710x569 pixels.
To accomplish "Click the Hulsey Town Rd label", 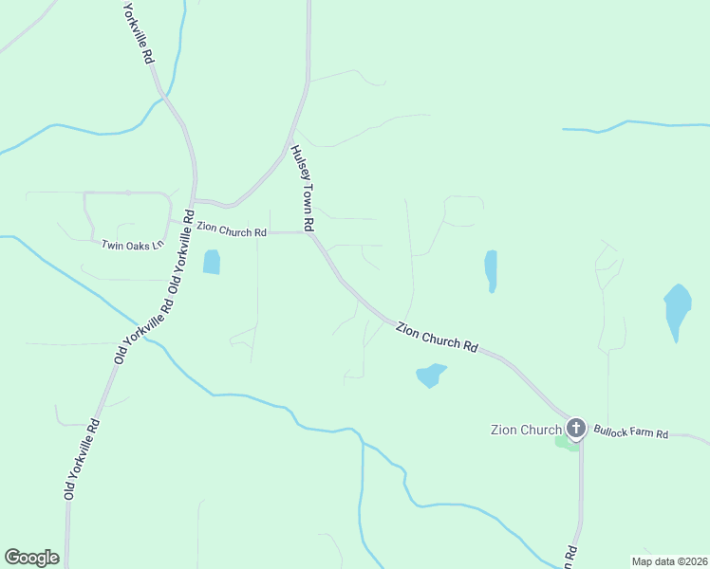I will [x=302, y=189].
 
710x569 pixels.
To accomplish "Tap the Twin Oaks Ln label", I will [x=134, y=245].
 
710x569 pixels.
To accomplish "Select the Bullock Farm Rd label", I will [x=631, y=433].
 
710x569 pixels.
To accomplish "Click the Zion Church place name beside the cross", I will [x=527, y=430].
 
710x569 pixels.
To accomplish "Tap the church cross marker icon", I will [x=575, y=429].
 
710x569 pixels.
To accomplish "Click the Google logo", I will [x=31, y=558].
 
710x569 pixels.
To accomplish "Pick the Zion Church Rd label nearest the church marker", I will [x=437, y=337].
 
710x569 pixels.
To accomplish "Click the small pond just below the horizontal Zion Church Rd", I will [x=211, y=262].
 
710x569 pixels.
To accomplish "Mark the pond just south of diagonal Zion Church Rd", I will [x=430, y=376].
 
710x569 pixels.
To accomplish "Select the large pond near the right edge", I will [x=677, y=310].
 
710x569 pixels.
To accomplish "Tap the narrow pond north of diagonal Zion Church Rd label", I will [x=491, y=269].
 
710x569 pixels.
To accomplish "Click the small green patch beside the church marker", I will [x=563, y=440].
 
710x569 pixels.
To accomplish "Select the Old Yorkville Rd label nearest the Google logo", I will [x=82, y=460].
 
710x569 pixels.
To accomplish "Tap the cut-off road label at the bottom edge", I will [x=570, y=558].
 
